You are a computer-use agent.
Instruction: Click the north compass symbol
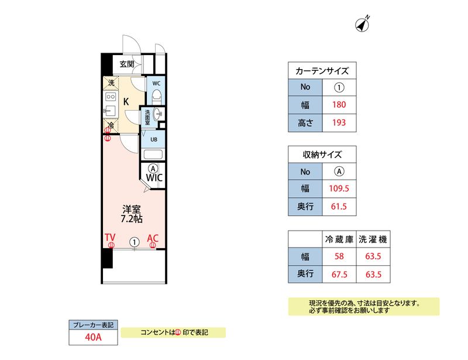tap(363, 24)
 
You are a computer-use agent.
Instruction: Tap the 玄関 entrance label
tap(127, 64)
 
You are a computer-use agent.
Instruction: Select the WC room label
tap(156, 83)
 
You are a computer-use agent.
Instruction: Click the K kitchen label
tap(126, 101)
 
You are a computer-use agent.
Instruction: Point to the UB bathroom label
tap(153, 139)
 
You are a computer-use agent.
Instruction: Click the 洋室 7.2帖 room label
tap(132, 214)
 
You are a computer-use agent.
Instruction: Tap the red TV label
tap(110, 238)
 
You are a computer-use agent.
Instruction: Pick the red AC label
tap(153, 238)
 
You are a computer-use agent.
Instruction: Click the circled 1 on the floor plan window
tap(135, 241)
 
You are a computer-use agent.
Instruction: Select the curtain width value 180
tap(339, 105)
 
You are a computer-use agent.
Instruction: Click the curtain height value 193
tap(339, 123)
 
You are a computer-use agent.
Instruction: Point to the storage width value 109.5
tap(339, 189)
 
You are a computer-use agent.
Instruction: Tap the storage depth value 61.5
tap(339, 207)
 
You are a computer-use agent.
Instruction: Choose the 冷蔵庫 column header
tap(339, 239)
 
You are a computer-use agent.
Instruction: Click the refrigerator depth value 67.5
tap(339, 273)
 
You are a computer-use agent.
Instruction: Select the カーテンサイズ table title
tap(322, 71)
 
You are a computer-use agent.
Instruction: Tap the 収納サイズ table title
tap(322, 155)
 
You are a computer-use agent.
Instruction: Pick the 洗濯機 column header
tap(374, 239)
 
